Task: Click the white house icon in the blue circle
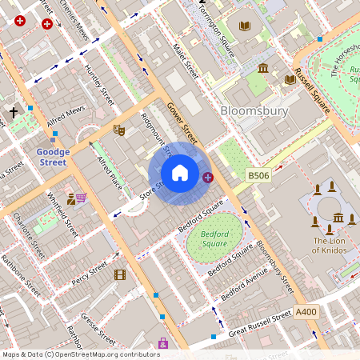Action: (x=180, y=173)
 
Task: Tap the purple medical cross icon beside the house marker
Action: (x=208, y=177)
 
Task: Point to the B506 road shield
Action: (x=258, y=175)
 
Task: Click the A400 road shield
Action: (x=306, y=311)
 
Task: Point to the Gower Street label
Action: (x=182, y=119)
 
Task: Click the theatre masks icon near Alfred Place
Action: (x=119, y=130)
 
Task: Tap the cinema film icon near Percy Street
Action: (x=120, y=275)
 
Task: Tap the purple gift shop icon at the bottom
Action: (x=163, y=343)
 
